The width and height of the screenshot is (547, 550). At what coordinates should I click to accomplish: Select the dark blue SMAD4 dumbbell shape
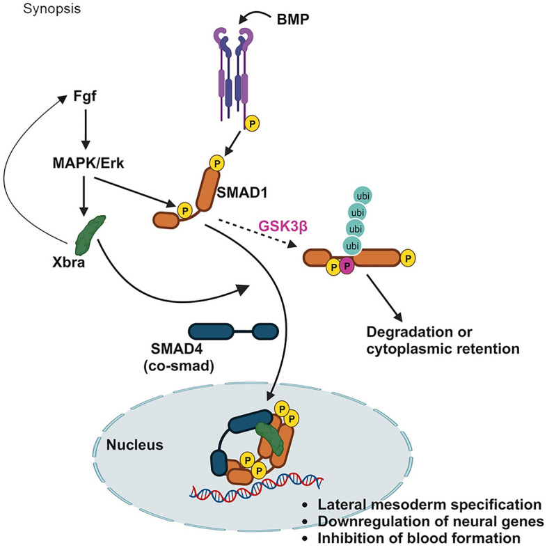[x=233, y=331]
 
